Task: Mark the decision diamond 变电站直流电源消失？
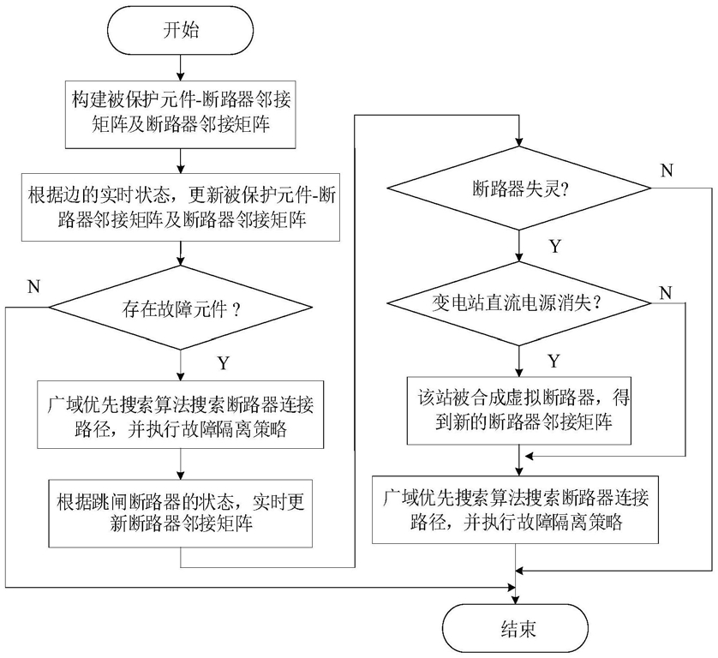click(518, 302)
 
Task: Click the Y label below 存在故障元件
click(222, 363)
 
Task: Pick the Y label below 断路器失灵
click(555, 246)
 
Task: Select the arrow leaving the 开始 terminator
click(181, 65)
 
